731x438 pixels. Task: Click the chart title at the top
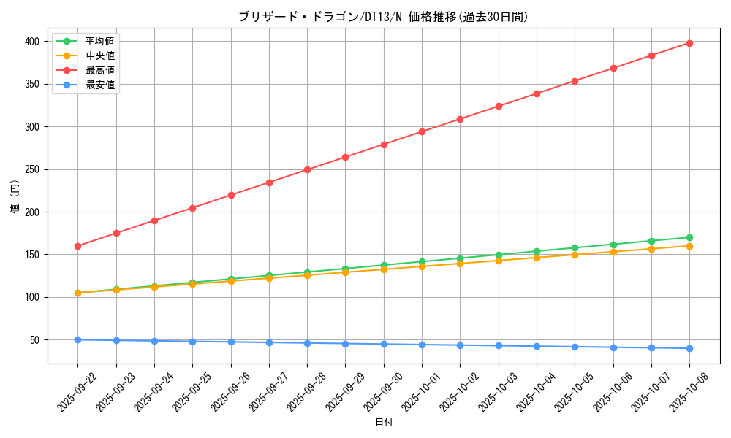pos(383,17)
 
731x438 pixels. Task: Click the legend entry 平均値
pos(99,41)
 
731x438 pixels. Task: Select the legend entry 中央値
pos(99,55)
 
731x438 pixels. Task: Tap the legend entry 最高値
pos(99,70)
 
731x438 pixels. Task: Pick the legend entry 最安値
pos(99,85)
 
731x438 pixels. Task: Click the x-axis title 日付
pos(384,423)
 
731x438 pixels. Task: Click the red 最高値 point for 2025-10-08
pos(689,43)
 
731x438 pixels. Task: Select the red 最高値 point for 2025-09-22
pos(77,246)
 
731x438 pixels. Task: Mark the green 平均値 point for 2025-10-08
pos(689,237)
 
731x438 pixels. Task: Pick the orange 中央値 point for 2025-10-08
pos(689,246)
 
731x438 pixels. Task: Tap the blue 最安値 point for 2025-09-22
pos(77,339)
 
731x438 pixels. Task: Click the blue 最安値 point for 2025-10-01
pos(422,345)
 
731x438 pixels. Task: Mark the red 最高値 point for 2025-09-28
pos(307,169)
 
